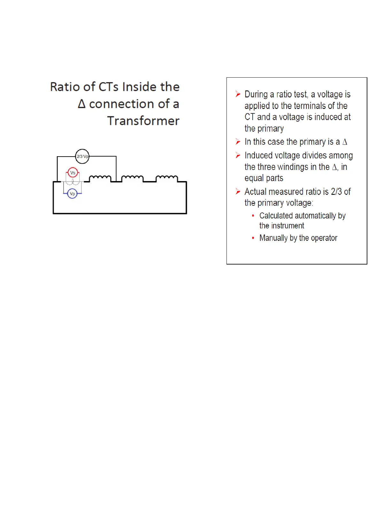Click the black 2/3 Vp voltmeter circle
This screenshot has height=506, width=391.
82,156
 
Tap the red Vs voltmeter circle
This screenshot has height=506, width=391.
73,173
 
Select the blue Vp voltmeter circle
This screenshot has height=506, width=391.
73,194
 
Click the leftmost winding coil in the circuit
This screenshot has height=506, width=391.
100,178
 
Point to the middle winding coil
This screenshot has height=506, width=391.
132,178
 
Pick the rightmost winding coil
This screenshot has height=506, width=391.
166,178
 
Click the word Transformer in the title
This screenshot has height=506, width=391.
143,121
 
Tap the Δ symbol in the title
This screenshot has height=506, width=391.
82,104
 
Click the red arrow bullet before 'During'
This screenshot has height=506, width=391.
238,94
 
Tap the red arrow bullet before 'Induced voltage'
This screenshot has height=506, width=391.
238,155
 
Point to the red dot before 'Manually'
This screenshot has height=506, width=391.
253,238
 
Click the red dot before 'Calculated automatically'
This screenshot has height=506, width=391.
253,216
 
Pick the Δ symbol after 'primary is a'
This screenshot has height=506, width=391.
345,142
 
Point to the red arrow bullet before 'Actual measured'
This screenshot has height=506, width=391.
238,191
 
